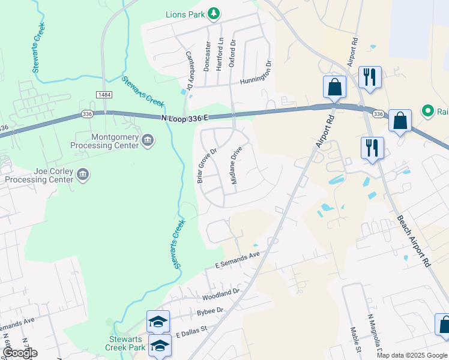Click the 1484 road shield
[103, 95]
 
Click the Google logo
[20, 353]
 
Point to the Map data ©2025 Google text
[411, 355]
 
